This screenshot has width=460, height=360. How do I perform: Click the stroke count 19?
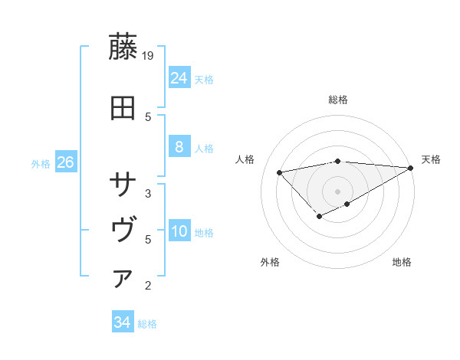pyautogui.click(x=149, y=56)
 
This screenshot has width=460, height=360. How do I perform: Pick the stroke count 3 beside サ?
pyautogui.click(x=148, y=193)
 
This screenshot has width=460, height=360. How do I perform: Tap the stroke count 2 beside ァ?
pyautogui.click(x=148, y=286)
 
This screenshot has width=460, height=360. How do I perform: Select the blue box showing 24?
pyautogui.click(x=179, y=77)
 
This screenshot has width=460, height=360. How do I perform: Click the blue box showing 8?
pyautogui.click(x=179, y=147)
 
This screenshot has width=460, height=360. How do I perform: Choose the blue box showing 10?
pyautogui.click(x=179, y=232)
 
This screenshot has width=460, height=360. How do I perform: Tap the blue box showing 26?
pyautogui.click(x=65, y=162)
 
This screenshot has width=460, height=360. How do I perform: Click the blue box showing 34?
pyautogui.click(x=122, y=322)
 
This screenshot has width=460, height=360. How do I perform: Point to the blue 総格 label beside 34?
pyautogui.click(x=147, y=324)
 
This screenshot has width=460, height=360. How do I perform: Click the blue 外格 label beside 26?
pyautogui.click(x=41, y=164)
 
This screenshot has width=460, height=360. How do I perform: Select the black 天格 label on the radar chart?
pyautogui.click(x=432, y=159)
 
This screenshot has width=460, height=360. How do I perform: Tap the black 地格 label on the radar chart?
pyautogui.click(x=402, y=263)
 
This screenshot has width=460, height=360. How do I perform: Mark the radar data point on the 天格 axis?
pyautogui.click(x=411, y=168)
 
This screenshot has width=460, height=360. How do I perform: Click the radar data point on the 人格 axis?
pyautogui.click(x=279, y=172)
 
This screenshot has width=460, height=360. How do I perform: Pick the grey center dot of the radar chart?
pyautogui.click(x=337, y=191)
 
